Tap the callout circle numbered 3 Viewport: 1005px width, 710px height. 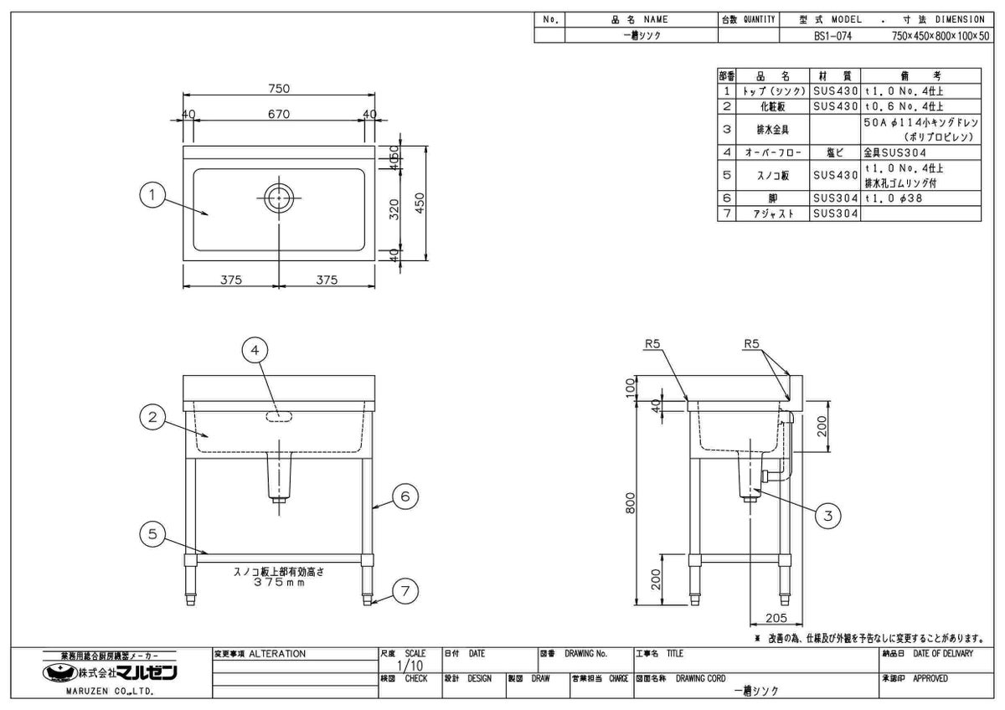point(828,516)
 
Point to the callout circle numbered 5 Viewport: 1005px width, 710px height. point(152,534)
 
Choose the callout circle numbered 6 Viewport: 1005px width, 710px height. point(405,497)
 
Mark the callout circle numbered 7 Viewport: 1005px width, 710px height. point(405,591)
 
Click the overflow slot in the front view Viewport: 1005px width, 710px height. point(279,416)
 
